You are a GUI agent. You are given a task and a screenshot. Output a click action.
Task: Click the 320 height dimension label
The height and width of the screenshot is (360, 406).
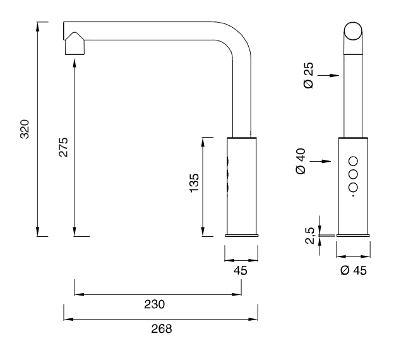pyautogui.click(x=25, y=129)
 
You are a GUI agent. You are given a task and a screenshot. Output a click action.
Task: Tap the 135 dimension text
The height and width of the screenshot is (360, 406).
pyautogui.click(x=194, y=182)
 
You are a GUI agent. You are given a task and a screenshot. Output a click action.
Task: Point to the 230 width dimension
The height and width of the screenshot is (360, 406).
pyautogui.click(x=154, y=304)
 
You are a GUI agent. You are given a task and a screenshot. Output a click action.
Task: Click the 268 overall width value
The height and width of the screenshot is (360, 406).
pyautogui.click(x=161, y=328)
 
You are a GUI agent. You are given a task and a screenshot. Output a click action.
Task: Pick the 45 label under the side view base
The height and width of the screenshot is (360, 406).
pyautogui.click(x=241, y=270)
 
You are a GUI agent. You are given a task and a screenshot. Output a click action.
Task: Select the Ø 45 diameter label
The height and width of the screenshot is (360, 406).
pyautogui.click(x=353, y=270)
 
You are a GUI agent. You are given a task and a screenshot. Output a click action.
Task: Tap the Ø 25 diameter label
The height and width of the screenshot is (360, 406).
pyautogui.click(x=309, y=76)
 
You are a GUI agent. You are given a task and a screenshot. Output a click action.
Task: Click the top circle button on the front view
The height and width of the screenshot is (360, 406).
pyautogui.click(x=353, y=160)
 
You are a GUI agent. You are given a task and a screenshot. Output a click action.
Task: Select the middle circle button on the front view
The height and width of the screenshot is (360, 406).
pyautogui.click(x=353, y=174)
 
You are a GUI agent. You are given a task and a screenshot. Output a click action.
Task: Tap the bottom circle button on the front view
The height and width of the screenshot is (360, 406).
pyautogui.click(x=353, y=187)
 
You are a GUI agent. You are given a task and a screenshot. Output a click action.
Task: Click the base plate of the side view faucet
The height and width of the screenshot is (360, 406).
pyautogui.click(x=241, y=236)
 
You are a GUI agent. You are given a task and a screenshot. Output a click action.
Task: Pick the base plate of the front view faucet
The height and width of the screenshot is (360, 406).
pyautogui.click(x=353, y=236)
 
